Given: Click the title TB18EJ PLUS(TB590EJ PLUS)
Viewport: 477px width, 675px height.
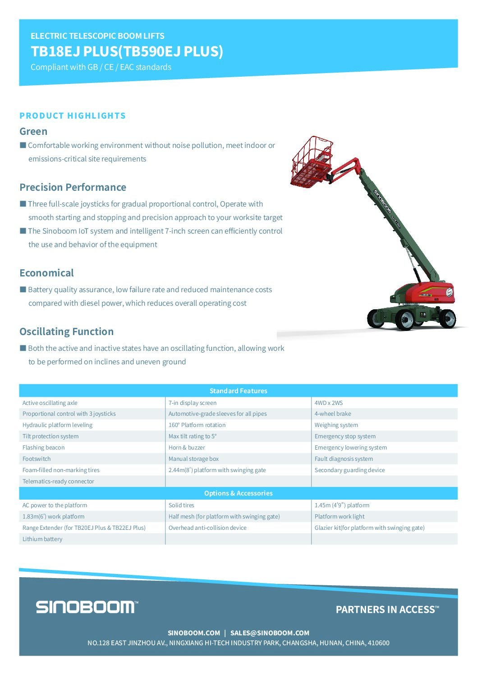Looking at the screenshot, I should [x=127, y=51].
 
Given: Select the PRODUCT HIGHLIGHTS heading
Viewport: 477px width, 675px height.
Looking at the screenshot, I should [x=73, y=116].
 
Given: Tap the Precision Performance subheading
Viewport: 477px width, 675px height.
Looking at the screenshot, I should [x=73, y=187].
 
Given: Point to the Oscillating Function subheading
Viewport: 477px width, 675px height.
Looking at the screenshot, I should [x=66, y=331].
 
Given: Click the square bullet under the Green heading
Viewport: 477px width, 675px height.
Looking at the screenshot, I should [x=23, y=145].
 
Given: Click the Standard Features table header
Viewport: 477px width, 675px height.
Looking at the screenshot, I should [x=238, y=391].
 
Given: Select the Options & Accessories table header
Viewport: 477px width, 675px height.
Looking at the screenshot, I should [x=238, y=493].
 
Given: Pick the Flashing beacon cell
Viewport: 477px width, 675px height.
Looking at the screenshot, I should [x=44, y=448].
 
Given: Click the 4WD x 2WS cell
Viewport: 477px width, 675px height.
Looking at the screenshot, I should [x=329, y=403].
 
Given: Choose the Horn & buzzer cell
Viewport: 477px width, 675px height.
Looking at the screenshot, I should [x=187, y=448].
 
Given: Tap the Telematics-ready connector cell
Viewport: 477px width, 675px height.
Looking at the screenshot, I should [x=58, y=482].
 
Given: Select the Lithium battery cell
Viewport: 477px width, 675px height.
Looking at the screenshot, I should [x=42, y=539].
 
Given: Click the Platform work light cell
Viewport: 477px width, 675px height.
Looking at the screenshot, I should [x=339, y=517].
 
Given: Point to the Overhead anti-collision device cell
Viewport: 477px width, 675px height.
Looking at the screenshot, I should [x=207, y=528].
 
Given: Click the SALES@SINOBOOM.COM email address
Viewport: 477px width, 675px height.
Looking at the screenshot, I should [x=270, y=633].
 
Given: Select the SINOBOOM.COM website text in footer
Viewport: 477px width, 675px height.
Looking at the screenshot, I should [x=194, y=633].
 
